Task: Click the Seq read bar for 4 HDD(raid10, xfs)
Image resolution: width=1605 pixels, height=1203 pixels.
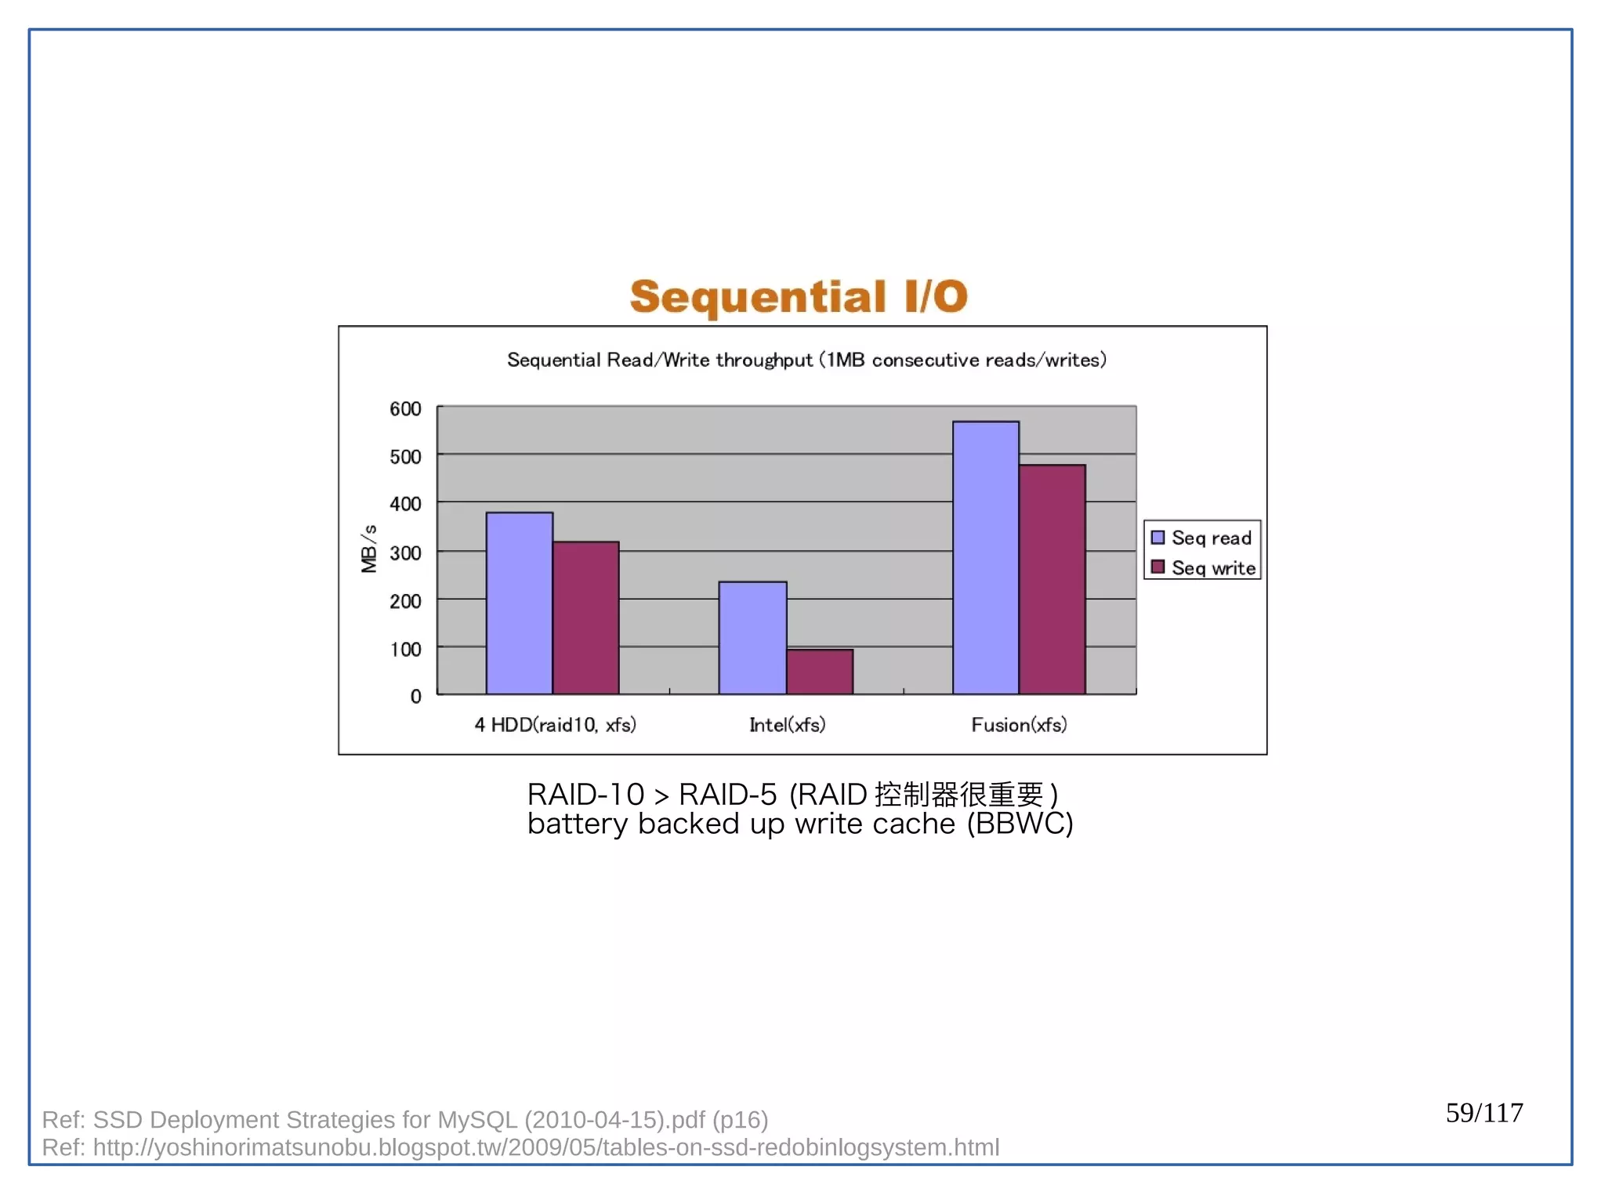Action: coord(519,603)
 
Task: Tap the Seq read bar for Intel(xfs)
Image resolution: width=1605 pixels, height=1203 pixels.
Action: coord(752,638)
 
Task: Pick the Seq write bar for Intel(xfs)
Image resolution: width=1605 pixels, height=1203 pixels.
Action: coord(819,672)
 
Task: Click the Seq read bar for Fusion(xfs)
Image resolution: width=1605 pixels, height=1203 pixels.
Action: coord(985,557)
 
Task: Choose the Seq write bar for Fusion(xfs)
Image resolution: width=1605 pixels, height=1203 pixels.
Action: coord(1052,579)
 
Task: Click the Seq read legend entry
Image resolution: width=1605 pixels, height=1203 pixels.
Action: coord(1202,538)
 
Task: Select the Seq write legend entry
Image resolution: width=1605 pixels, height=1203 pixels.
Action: coord(1204,567)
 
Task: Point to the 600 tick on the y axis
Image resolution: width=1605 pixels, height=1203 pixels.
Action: coord(405,408)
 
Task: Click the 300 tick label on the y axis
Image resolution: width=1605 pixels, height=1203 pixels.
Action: coord(405,553)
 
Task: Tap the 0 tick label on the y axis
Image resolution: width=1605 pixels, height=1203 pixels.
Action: coord(415,696)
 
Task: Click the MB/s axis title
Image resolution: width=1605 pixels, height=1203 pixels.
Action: coord(368,549)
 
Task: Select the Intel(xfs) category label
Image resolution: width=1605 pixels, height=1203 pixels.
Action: coord(787,724)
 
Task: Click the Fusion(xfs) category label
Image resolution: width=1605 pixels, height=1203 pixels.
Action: coord(1019,724)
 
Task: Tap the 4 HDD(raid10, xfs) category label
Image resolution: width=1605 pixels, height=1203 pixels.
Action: coord(555,724)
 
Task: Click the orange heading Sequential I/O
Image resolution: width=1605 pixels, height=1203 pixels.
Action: coord(799,297)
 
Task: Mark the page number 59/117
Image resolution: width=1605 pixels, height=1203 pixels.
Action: coord(1484,1112)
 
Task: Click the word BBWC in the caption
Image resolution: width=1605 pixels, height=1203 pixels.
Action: coord(1020,824)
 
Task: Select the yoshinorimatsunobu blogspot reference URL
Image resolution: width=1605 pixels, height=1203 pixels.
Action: coord(545,1147)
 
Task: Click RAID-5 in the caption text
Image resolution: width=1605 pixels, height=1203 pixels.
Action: coord(726,795)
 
